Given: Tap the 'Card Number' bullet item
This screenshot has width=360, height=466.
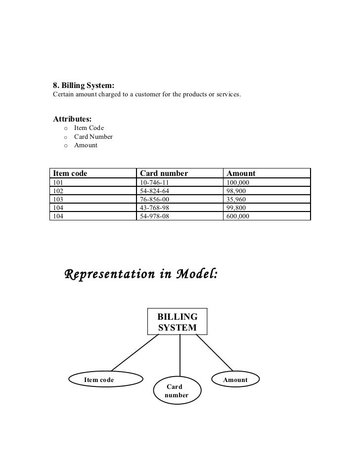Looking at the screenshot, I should coord(93,137).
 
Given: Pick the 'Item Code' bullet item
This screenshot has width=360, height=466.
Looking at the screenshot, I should coord(89,128).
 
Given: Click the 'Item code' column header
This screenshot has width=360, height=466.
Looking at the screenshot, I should coord(70,173).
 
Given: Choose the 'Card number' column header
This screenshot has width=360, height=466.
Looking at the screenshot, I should coord(164,173).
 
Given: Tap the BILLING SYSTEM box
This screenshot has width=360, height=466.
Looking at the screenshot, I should coord(178,322).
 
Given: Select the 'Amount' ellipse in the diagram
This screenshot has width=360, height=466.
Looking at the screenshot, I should coord(235,380).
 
